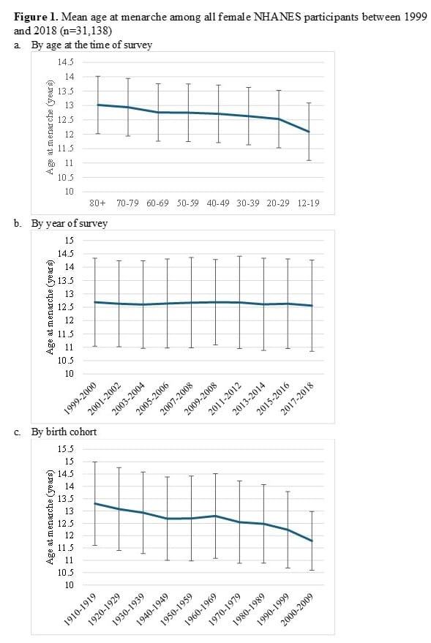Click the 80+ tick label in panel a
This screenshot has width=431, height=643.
tap(97, 203)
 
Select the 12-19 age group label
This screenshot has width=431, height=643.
tap(308, 203)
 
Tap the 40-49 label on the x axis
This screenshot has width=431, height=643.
tap(218, 203)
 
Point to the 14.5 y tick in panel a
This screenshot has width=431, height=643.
tap(66, 62)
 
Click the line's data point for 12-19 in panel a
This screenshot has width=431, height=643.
tap(309, 132)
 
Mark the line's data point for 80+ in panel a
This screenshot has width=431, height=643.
tap(98, 105)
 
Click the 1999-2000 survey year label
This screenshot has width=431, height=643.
tap(80, 399)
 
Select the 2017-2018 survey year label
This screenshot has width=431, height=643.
tap(298, 399)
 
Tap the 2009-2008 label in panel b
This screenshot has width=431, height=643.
tap(201, 399)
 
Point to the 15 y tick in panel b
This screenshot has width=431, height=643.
tap(70, 241)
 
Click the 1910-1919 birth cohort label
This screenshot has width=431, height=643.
tap(80, 610)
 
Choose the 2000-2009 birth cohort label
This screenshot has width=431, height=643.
tap(298, 610)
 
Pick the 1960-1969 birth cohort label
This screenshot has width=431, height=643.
tap(201, 610)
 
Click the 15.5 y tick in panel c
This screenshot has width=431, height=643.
tap(66, 449)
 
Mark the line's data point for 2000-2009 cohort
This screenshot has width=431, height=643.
tap(312, 541)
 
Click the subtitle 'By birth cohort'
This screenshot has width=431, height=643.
tap(64, 432)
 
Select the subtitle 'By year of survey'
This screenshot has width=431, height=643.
tap(70, 224)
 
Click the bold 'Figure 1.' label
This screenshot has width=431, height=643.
tap(37, 18)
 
